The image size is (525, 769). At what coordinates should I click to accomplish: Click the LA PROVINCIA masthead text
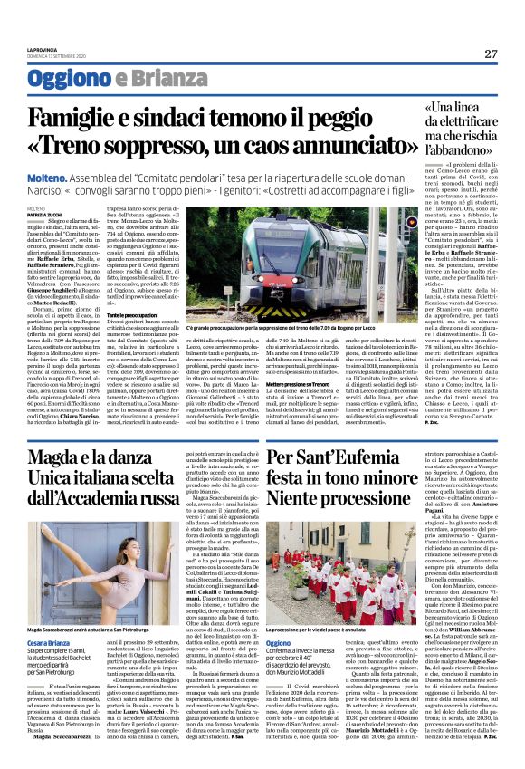click(x=43, y=49)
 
